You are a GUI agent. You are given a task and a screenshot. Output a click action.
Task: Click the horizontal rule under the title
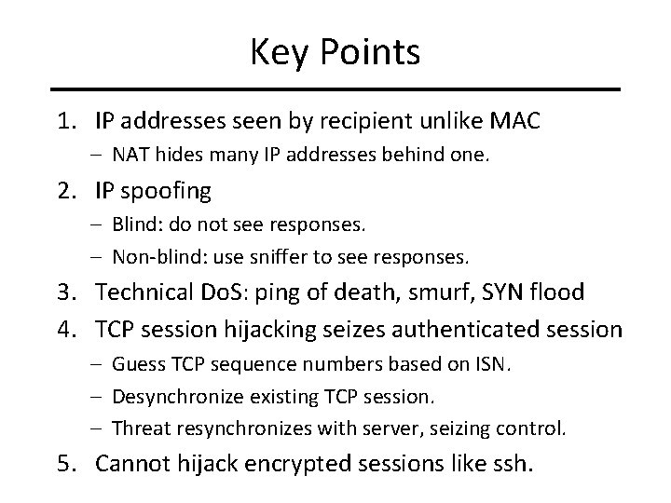click(x=335, y=89)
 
